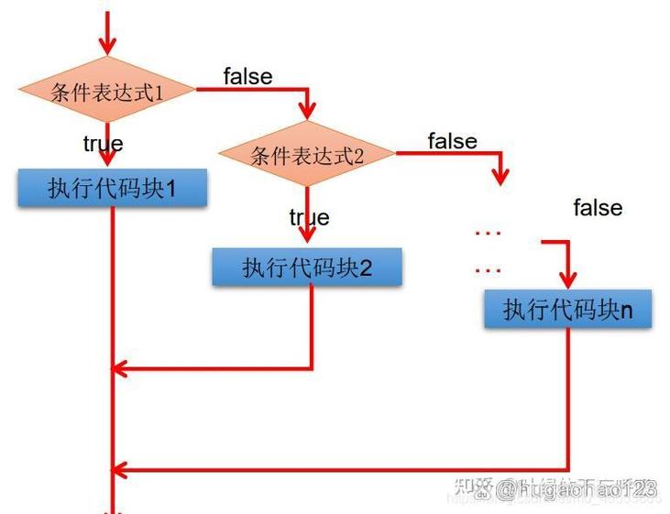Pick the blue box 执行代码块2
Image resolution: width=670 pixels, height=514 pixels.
[x=307, y=268]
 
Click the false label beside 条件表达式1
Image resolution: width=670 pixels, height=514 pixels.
[x=247, y=76]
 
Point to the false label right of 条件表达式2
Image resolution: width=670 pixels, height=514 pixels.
[x=452, y=141]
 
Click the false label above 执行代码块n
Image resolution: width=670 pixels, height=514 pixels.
[x=598, y=208]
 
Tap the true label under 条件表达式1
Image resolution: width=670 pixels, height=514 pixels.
[x=103, y=144]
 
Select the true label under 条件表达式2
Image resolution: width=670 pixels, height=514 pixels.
[x=309, y=217]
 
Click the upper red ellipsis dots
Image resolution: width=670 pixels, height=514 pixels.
[x=488, y=234]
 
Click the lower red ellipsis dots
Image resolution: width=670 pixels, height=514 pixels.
[x=488, y=270]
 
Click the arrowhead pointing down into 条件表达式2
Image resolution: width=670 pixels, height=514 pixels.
[x=308, y=112]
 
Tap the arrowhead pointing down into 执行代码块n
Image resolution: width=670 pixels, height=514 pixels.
[x=568, y=280]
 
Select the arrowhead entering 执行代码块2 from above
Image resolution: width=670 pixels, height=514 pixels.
[x=308, y=236]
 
